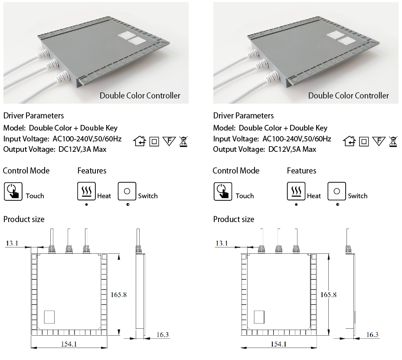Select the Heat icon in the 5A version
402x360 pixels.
point(296,191)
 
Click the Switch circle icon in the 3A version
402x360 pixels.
point(127,191)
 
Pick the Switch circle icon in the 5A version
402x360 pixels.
point(337,191)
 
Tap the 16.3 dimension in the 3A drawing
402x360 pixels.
point(162,335)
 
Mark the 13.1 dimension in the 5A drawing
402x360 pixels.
point(222,243)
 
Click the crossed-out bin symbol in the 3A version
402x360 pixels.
point(184,141)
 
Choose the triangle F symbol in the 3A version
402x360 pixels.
point(169,141)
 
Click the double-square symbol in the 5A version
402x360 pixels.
point(364,141)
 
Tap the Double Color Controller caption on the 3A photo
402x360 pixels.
point(140,95)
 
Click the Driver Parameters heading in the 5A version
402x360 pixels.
point(243,116)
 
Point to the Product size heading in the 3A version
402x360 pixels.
point(24,219)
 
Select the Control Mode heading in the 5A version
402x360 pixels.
point(236,170)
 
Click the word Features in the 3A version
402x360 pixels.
point(92,170)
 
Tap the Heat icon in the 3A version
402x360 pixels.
point(86,191)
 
